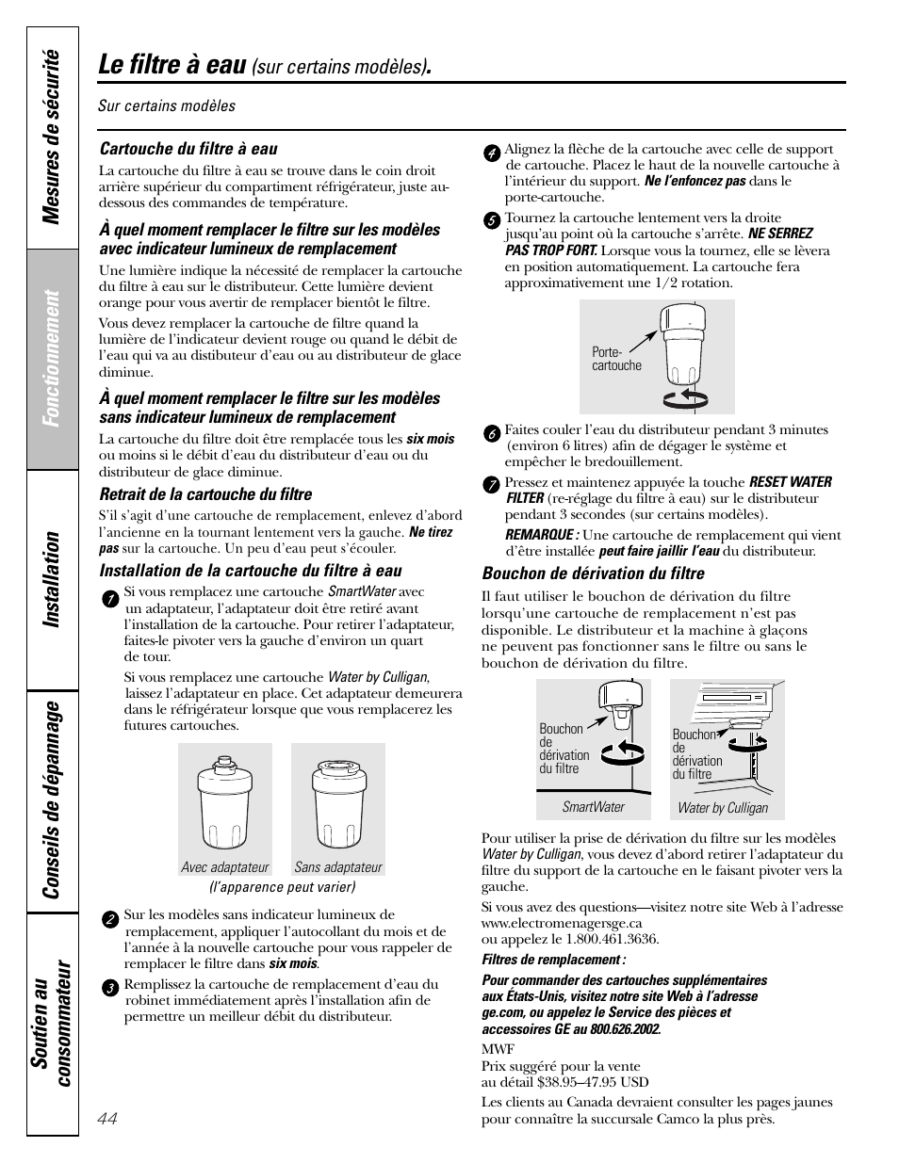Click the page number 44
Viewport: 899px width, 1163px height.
[x=107, y=1118]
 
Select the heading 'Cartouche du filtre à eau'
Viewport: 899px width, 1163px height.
[x=188, y=149]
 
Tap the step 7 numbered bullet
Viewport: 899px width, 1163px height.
[x=491, y=485]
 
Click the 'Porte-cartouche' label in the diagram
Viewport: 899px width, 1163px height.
[x=616, y=359]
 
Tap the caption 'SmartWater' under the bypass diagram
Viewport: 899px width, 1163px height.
[x=593, y=807]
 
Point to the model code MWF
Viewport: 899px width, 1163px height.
[x=498, y=1049]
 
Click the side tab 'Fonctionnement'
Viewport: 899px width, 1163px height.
[x=53, y=359]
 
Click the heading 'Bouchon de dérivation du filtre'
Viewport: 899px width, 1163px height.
[x=593, y=573]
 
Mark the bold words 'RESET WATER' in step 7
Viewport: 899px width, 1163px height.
[x=790, y=482]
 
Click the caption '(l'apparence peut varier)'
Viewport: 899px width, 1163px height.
[x=282, y=887]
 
